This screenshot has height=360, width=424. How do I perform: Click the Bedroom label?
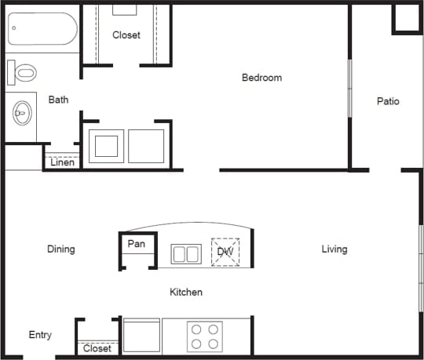coord(261,78)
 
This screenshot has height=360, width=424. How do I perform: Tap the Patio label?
coord(388,101)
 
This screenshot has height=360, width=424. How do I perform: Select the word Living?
coord(334,249)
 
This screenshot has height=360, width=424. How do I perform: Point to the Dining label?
coord(60,249)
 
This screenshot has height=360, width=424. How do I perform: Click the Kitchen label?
coord(186,293)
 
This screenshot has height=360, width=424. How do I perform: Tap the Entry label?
coord(40,335)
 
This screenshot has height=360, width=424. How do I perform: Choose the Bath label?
coord(58,100)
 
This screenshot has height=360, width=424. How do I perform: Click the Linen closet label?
coord(63,163)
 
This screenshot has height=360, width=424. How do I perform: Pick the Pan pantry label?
coord(137,244)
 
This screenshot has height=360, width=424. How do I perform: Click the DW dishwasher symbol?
coord(225,252)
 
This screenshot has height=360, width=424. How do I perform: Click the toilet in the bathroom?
coord(24,74)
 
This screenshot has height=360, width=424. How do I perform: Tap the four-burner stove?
coord(204,336)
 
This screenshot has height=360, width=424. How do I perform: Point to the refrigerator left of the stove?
coord(142,336)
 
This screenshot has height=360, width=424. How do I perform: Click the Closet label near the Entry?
coord(97,348)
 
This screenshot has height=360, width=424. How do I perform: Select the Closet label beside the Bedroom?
coord(126,35)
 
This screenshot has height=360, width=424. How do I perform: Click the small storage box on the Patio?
coord(408,19)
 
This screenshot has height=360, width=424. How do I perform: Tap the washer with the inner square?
coord(105,146)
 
